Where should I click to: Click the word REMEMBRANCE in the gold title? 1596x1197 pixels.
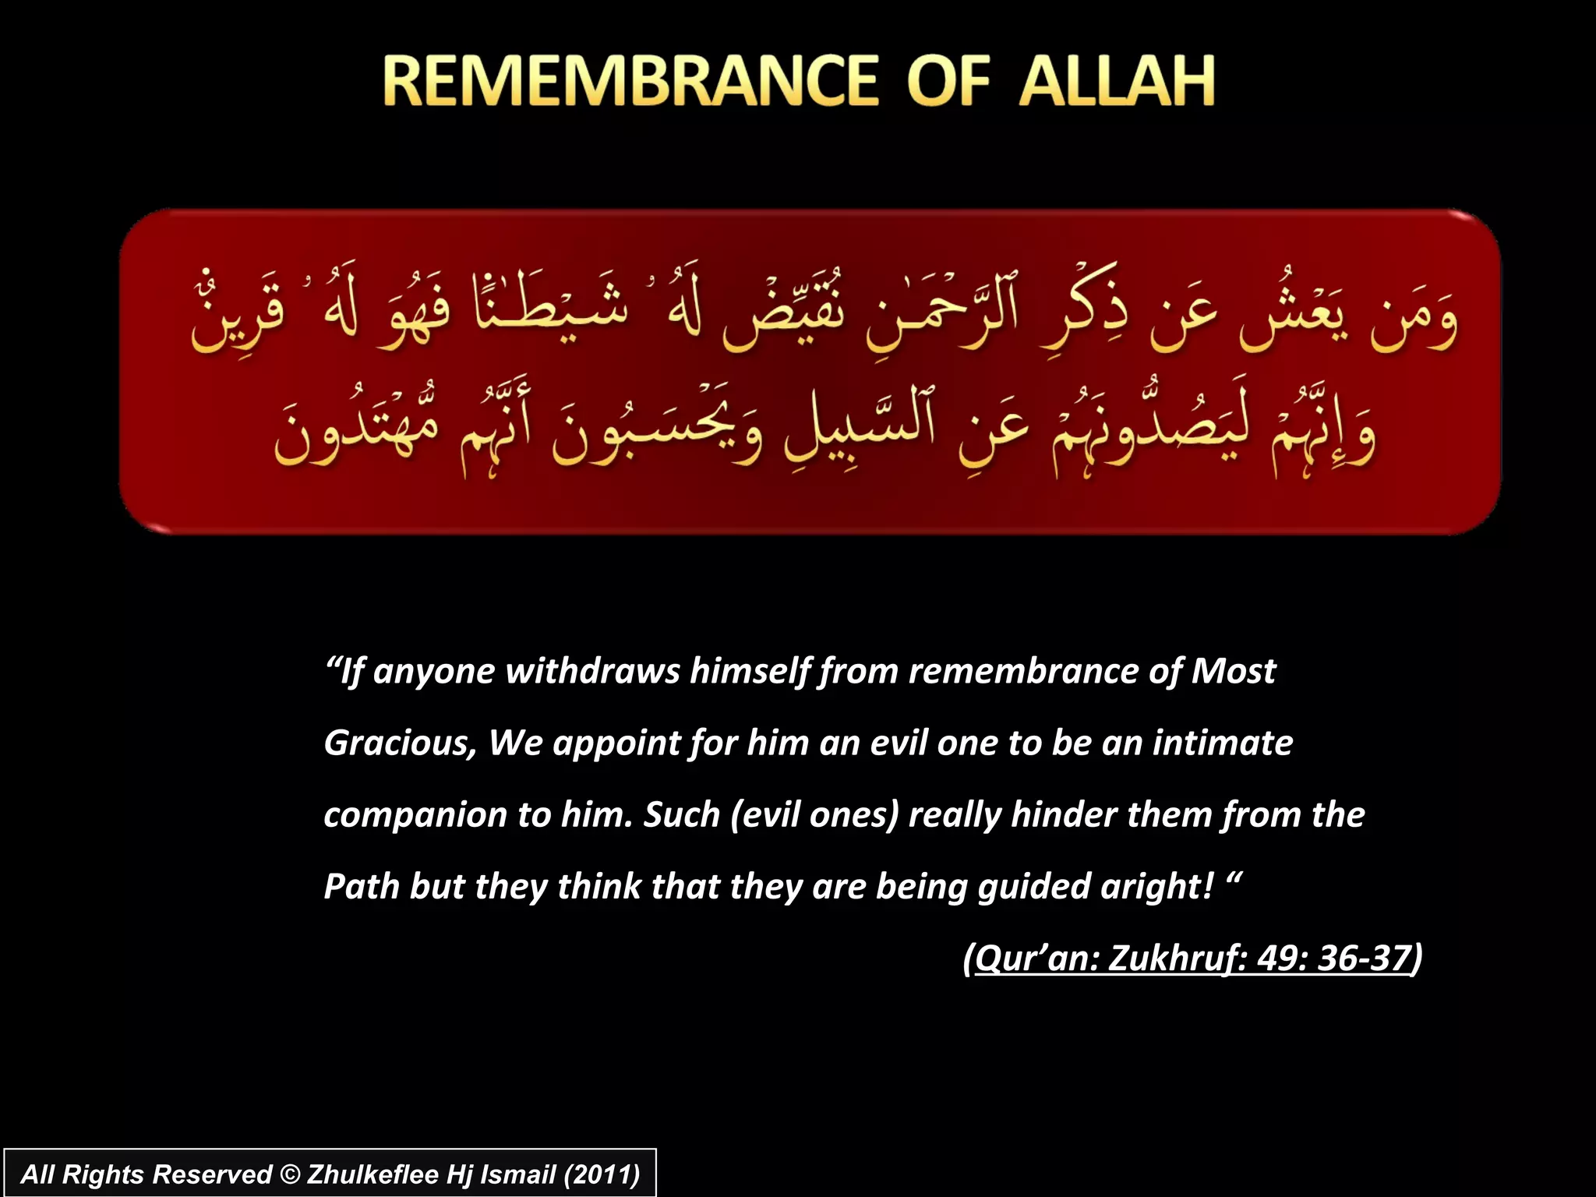pos(630,81)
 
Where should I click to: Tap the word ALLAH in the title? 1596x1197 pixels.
pos(1117,81)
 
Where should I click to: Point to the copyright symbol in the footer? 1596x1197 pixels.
pos(289,1174)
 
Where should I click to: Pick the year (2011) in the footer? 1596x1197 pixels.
pos(601,1174)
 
